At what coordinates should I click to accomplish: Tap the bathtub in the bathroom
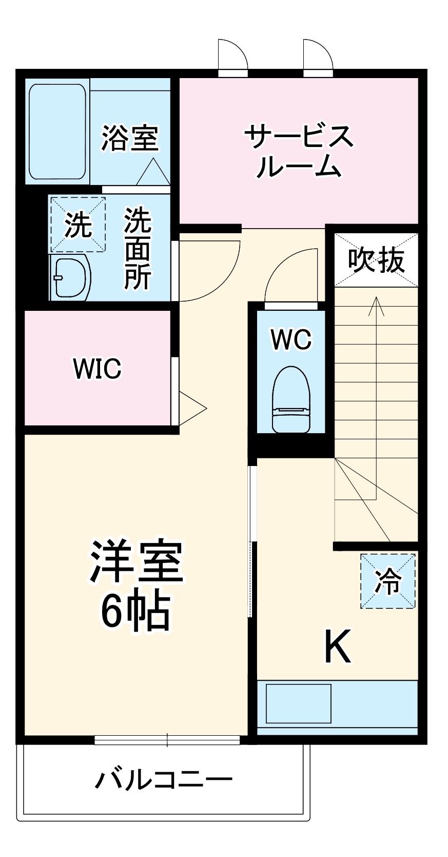[57, 132]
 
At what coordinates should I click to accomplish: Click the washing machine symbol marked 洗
[77, 225]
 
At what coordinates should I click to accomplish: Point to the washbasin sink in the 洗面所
[71, 278]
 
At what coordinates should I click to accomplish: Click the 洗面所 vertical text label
[138, 248]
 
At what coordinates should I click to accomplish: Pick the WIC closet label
[97, 368]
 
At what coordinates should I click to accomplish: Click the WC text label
[291, 340]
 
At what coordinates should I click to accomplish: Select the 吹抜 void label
[376, 260]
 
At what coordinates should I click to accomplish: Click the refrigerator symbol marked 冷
[387, 581]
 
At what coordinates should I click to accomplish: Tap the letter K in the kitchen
[338, 646]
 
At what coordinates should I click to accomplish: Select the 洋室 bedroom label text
[136, 562]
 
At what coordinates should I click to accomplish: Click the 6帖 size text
[135, 611]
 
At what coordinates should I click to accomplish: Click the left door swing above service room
[232, 55]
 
